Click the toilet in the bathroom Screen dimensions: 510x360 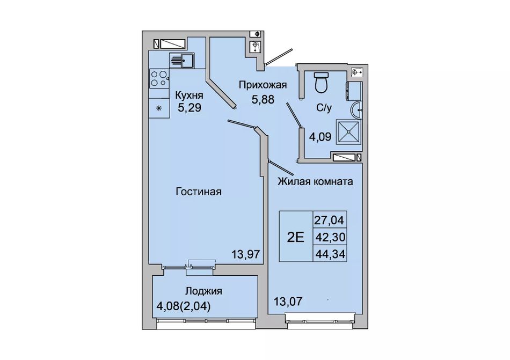(322, 83)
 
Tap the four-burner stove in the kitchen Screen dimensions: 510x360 (159, 78)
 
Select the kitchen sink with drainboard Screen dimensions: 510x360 (181, 61)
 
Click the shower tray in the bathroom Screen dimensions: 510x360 (349, 131)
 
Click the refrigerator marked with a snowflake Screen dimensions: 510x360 (159, 108)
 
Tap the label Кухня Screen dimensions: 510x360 (190, 95)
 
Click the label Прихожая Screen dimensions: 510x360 (263, 85)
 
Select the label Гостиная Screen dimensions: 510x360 (199, 192)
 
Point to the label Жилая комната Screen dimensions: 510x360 (315, 181)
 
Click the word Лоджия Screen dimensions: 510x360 (203, 291)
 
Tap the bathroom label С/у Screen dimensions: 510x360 (324, 108)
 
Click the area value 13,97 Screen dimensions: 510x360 (246, 254)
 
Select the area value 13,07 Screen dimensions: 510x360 (288, 302)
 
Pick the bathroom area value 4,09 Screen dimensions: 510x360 (320, 136)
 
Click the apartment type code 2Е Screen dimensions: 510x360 (295, 238)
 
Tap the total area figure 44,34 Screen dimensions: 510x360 (330, 254)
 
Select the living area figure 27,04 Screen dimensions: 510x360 (329, 221)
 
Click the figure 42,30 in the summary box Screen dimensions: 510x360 (330, 237)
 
